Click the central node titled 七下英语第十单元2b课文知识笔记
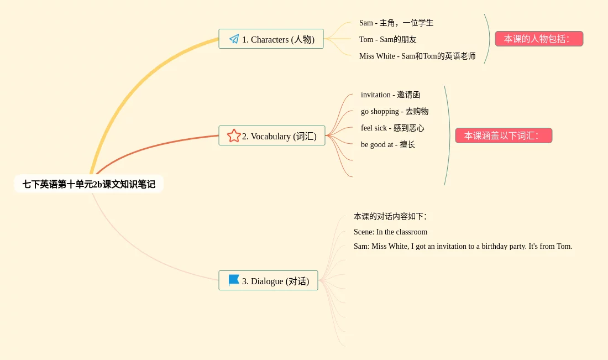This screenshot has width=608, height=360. click(x=88, y=184)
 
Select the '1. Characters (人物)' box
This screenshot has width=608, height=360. click(x=271, y=39)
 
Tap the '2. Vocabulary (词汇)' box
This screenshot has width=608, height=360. click(x=272, y=136)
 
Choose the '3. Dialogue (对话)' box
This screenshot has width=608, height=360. click(x=268, y=281)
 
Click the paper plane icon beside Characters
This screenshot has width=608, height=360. click(x=234, y=39)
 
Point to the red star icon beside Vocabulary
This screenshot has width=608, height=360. click(x=234, y=135)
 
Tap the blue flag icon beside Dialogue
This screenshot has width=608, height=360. click(x=234, y=280)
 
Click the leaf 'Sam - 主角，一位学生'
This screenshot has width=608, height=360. click(x=396, y=23)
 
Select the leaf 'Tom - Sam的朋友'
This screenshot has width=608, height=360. click(x=388, y=39)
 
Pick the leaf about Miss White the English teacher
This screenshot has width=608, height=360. click(x=417, y=56)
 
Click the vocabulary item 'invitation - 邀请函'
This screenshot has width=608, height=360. click(x=390, y=95)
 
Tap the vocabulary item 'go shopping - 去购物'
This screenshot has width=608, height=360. click(x=395, y=111)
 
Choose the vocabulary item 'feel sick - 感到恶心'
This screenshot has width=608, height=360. click(x=392, y=128)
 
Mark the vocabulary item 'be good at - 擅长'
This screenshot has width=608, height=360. click(x=388, y=144)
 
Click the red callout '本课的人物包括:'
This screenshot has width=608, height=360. click(x=539, y=39)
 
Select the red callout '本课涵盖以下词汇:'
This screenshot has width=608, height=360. click(x=504, y=135)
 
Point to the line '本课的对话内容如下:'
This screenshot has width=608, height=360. click(x=390, y=216)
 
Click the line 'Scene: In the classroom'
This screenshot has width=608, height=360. click(x=390, y=232)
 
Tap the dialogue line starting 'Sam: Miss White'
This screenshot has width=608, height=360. click(x=463, y=246)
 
